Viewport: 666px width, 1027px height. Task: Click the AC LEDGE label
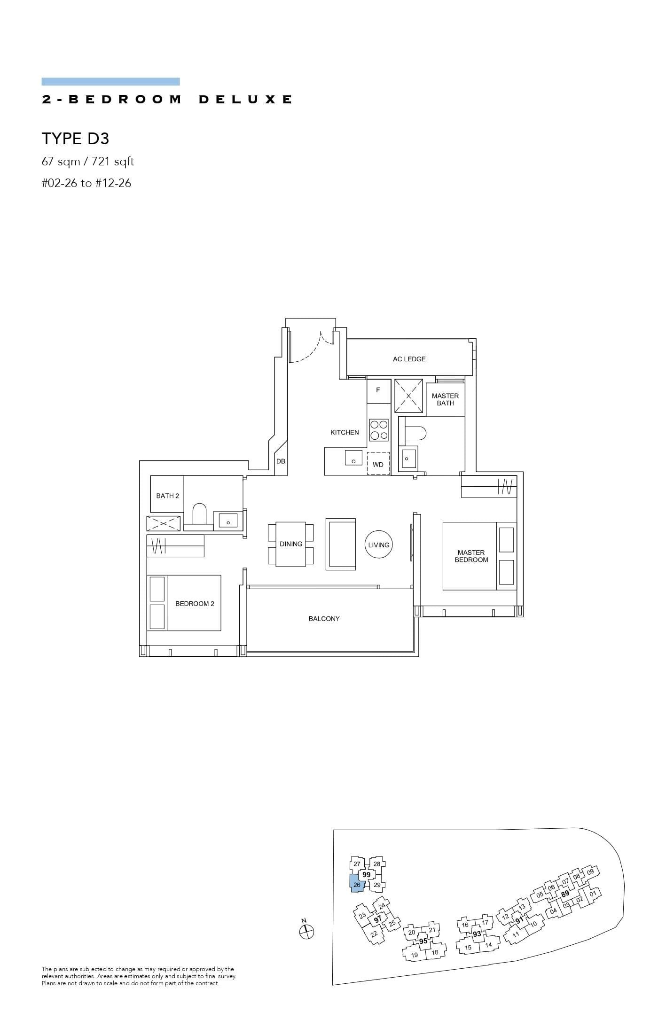point(409,359)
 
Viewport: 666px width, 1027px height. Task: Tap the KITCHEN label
point(345,432)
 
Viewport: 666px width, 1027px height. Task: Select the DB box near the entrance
point(281,461)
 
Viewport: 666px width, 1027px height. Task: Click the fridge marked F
point(378,390)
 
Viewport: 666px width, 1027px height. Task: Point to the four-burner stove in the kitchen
point(379,429)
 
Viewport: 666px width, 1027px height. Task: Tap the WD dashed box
point(378,464)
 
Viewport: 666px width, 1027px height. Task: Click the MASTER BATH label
point(445,399)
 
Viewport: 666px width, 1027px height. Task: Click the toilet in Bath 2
point(199,514)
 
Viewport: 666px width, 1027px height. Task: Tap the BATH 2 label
point(168,496)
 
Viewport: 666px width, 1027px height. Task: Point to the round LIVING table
point(378,545)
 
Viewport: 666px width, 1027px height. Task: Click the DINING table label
point(291,544)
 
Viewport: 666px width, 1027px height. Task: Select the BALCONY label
point(324,619)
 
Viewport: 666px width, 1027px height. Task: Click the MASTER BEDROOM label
point(471,556)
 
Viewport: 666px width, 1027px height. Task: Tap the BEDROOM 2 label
point(195,604)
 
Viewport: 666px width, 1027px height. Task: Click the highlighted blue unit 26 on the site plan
point(356,885)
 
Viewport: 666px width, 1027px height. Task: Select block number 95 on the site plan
point(423,941)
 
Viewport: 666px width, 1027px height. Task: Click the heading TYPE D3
point(76,139)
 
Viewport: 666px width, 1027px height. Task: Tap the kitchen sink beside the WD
point(353,457)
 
